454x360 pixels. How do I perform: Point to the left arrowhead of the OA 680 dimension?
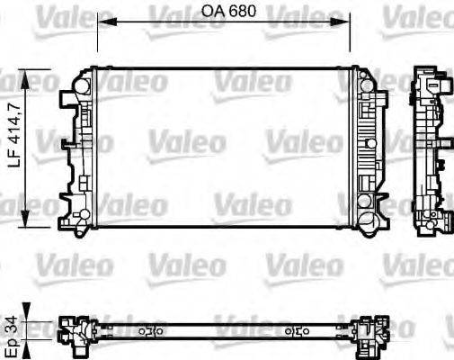click(x=100, y=22)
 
